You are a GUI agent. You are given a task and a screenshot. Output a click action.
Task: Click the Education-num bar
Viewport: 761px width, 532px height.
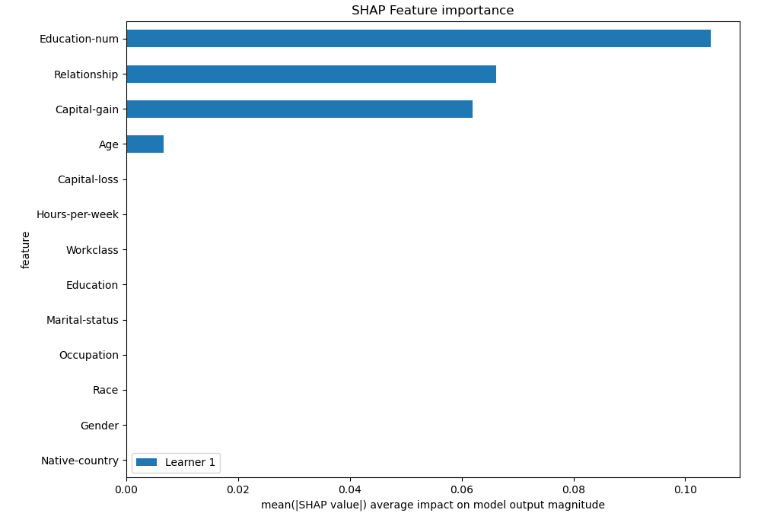pos(418,39)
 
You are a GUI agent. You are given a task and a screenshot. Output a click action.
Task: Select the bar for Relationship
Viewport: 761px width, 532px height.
pos(310,74)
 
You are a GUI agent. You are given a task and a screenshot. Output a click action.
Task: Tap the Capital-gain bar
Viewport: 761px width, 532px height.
pos(299,109)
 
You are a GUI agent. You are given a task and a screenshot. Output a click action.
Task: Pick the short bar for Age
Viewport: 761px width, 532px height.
pos(145,144)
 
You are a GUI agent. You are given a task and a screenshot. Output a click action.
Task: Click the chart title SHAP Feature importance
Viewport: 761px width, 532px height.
pos(432,11)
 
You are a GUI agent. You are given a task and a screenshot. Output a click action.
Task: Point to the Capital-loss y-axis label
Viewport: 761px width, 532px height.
pos(88,179)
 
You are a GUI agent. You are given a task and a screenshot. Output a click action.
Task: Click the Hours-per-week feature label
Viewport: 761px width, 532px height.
pos(78,214)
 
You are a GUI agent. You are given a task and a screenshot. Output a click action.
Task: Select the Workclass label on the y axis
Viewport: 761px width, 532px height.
pos(92,250)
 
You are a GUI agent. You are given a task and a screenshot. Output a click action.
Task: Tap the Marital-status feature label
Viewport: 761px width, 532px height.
pos(82,320)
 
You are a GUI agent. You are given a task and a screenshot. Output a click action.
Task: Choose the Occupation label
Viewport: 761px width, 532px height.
pos(88,355)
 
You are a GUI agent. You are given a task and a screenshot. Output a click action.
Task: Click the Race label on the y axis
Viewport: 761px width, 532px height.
pos(105,390)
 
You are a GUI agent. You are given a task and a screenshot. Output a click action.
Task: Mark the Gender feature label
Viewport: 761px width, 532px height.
pos(99,426)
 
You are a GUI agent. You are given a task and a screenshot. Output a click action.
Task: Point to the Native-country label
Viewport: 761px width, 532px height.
pos(80,461)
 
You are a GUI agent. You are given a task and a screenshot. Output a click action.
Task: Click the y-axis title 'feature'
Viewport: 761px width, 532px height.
pos(26,250)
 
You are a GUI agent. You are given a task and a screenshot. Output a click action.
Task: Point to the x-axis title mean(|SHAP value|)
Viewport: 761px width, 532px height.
pos(432,505)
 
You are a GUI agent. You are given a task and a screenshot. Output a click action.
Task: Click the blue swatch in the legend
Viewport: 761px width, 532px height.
pos(146,462)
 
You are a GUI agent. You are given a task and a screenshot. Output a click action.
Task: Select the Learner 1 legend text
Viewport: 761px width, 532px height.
pos(190,462)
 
